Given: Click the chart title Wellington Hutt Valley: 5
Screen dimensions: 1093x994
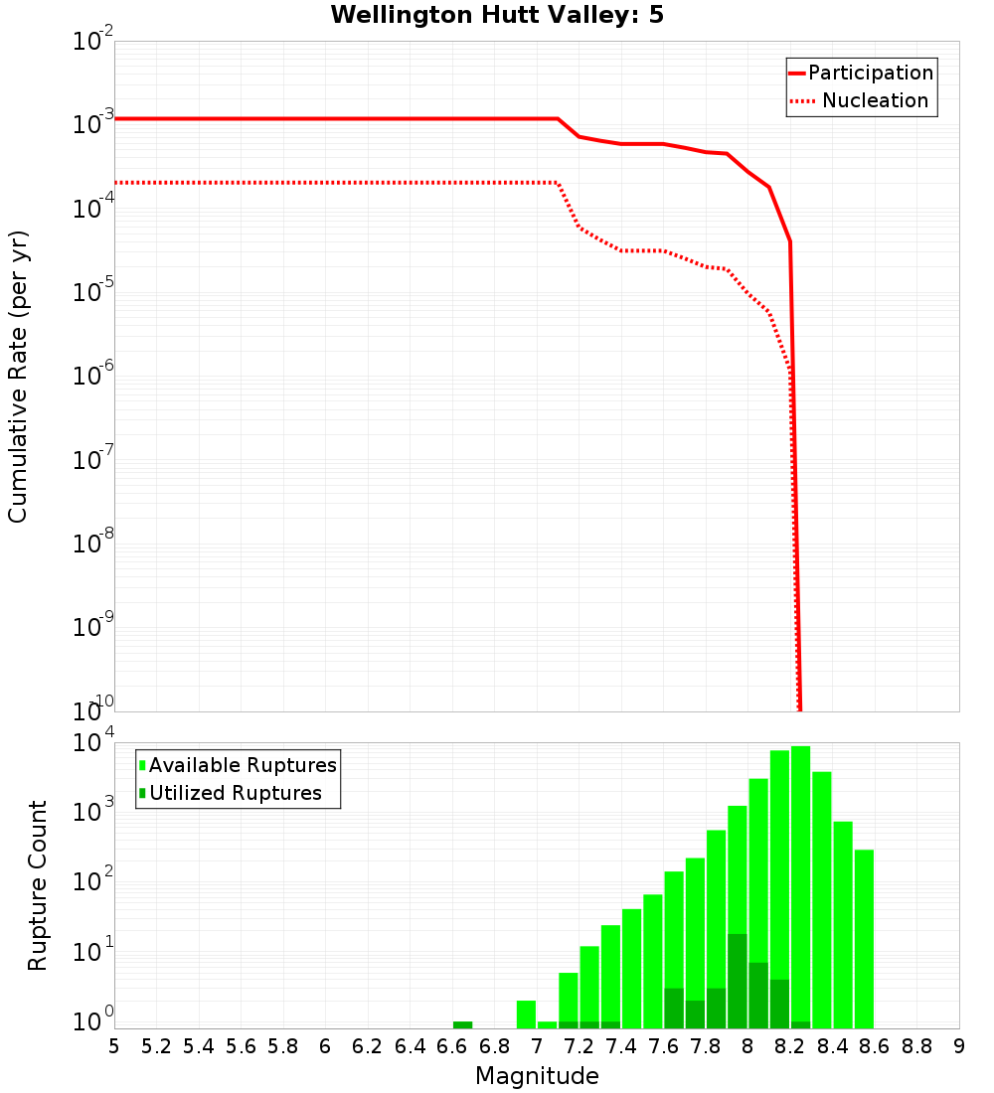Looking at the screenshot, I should (511, 15).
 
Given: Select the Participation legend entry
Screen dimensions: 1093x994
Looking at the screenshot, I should (861, 73).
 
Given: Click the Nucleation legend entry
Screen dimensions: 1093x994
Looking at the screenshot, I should (861, 100).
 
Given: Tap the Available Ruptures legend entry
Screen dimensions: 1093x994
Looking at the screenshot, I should (239, 765).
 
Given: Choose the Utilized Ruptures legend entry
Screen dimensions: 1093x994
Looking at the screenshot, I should (231, 793).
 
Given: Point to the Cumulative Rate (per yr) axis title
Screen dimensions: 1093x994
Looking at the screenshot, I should (19, 376).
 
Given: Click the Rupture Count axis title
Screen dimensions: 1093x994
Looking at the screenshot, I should (38, 884).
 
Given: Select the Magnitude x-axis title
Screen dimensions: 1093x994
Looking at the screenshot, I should (537, 1076).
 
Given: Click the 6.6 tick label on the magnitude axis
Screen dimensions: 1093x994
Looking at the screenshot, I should (452, 1046).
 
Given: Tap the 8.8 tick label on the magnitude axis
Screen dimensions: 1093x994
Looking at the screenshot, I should (916, 1046).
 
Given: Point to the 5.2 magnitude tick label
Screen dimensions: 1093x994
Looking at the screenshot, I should (156, 1046).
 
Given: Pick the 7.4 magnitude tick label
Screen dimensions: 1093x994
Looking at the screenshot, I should (621, 1046).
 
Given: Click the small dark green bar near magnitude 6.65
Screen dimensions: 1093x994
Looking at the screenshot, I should (462, 1024).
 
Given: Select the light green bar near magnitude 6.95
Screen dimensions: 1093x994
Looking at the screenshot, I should (526, 1015).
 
